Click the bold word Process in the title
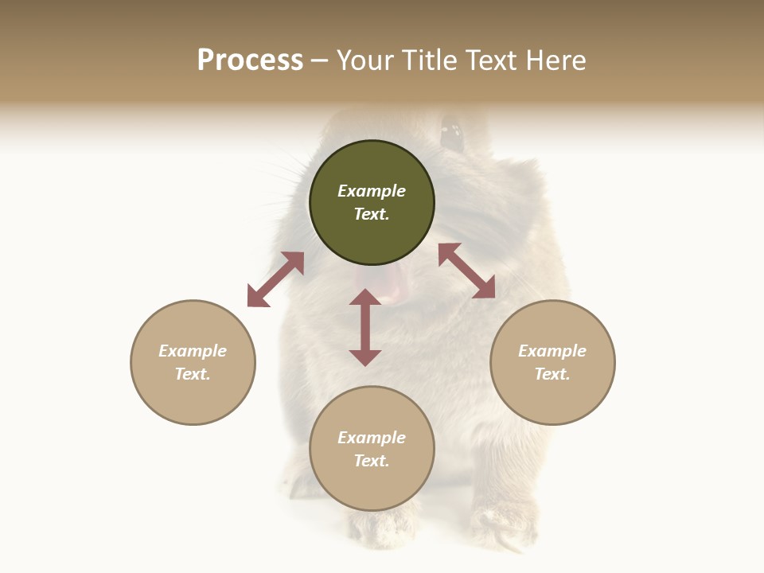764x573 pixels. [x=250, y=60]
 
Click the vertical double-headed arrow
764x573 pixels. [x=365, y=327]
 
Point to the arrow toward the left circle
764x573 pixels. [x=275, y=279]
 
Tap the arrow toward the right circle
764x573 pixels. [x=466, y=271]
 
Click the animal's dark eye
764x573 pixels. [x=452, y=134]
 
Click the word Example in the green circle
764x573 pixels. [x=372, y=191]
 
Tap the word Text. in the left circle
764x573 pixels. [x=193, y=374]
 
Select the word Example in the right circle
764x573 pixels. [x=552, y=351]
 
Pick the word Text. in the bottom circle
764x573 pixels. [x=372, y=461]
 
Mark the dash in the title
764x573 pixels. [x=319, y=60]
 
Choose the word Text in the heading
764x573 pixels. [x=491, y=60]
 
